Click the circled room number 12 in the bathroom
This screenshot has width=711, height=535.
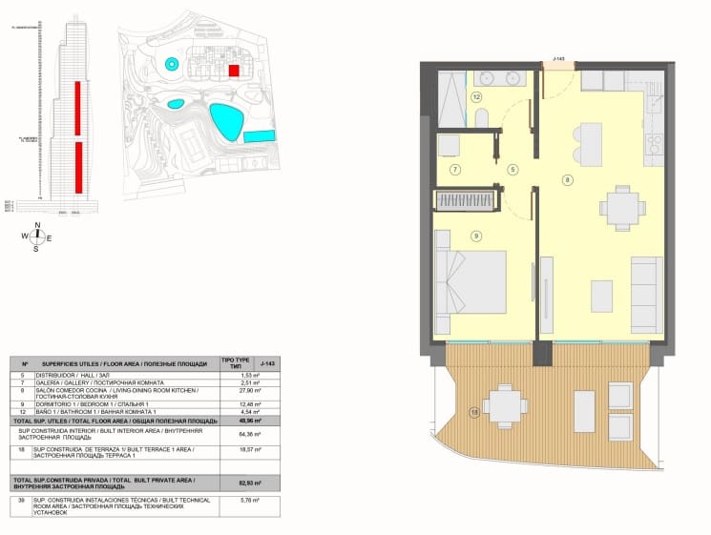point(475,97)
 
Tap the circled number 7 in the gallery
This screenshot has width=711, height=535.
point(456,170)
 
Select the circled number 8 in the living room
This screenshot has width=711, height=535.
point(568,179)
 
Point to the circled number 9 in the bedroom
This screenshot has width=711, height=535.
point(475,236)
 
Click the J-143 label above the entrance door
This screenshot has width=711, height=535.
point(559,59)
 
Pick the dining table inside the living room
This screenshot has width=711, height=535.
point(620,204)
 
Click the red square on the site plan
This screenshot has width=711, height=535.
point(233,71)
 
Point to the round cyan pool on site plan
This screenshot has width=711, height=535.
point(171,64)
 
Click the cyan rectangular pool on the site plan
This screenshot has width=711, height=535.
point(257,137)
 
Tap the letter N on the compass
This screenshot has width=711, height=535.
point(36,225)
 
